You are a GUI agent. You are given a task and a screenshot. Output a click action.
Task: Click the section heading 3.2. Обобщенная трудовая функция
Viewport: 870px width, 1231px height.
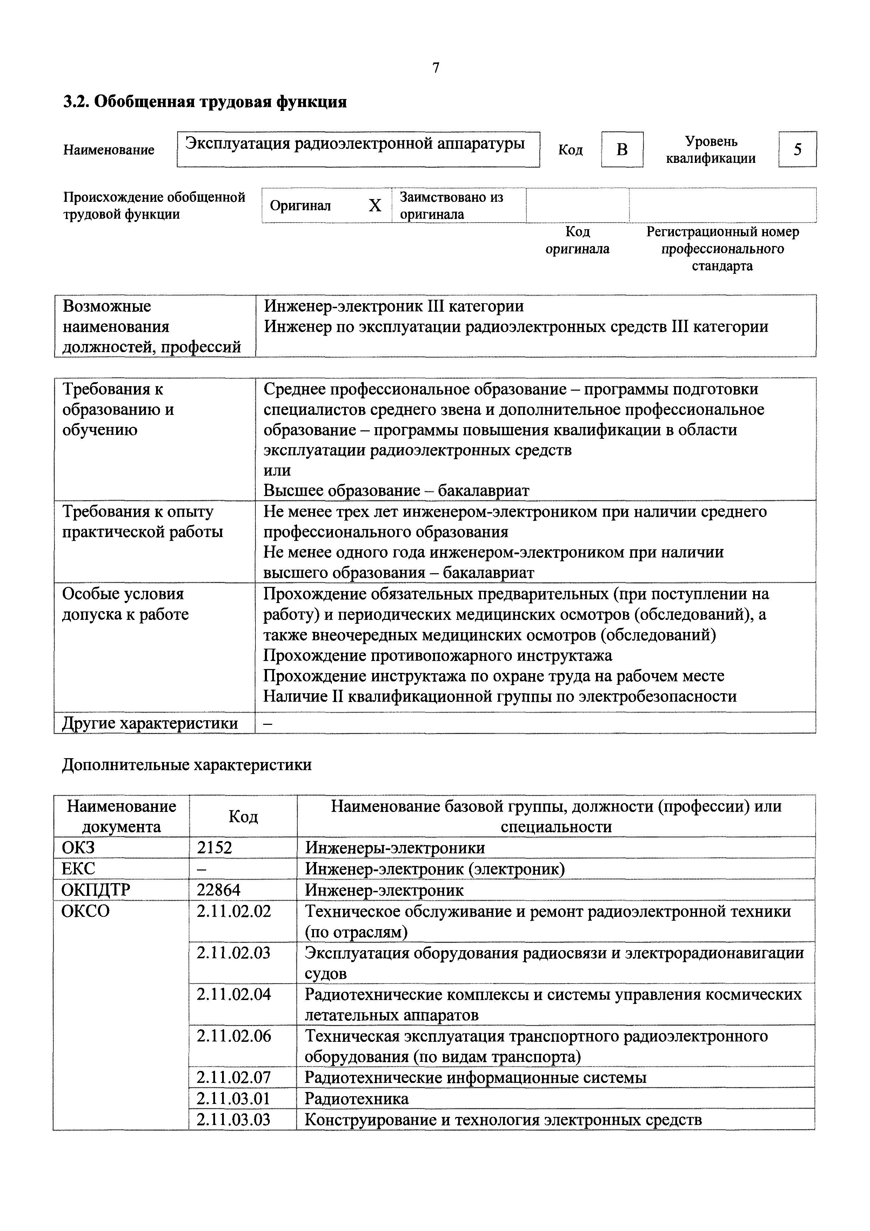coord(205,102)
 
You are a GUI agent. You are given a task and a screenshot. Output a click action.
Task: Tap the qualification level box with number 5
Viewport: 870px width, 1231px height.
coord(797,150)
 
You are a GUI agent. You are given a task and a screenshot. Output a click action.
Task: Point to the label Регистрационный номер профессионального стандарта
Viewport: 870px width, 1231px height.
coord(722,249)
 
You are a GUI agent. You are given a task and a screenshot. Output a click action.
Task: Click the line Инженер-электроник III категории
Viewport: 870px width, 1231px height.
coord(394,306)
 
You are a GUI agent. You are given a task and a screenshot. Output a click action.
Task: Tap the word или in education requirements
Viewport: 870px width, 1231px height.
coord(277,470)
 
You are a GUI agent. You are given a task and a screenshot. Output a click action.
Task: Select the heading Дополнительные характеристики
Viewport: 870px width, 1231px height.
coord(186,765)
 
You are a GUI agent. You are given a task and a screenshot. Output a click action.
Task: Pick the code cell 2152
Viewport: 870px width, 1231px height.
coord(214,848)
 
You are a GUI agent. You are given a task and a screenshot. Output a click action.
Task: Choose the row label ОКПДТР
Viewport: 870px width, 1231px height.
coord(95,890)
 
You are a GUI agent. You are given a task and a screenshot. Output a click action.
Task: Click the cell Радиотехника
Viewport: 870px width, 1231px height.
coord(356,1099)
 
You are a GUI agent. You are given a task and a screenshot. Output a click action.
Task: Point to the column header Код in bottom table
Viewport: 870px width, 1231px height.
coord(243,816)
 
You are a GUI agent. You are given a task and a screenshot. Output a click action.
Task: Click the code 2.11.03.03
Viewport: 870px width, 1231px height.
coord(234,1119)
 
